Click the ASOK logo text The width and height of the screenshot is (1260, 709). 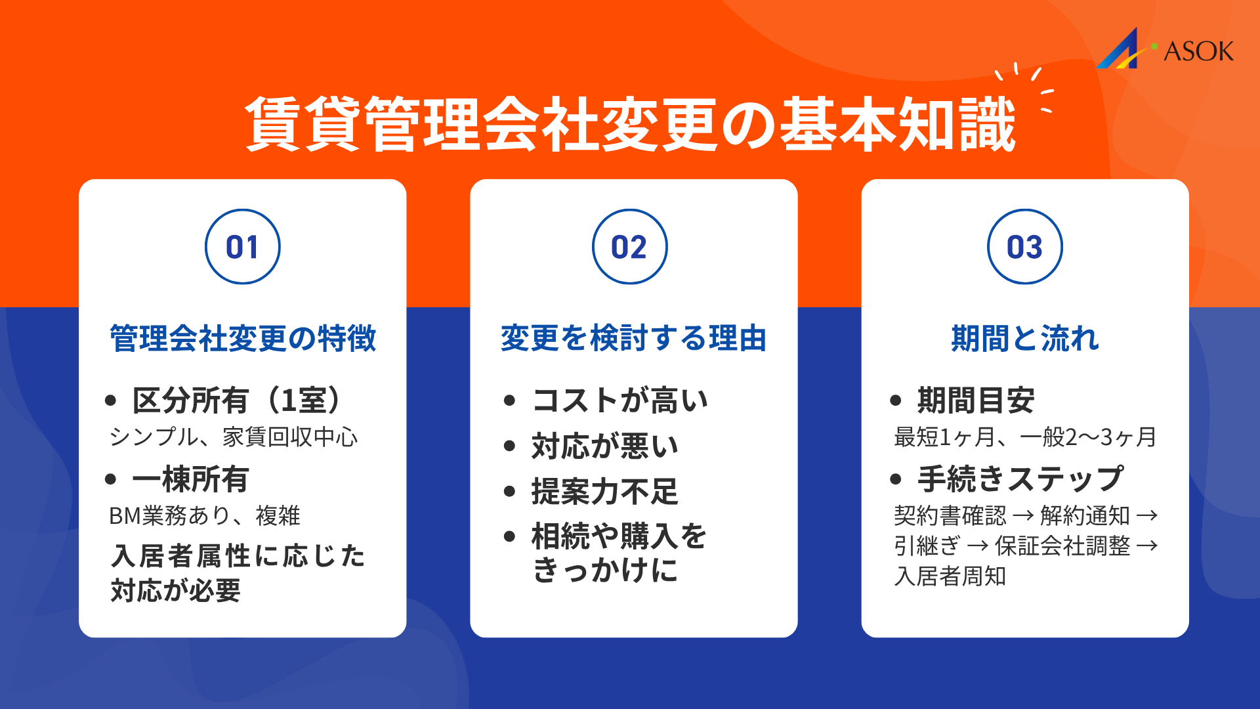click(x=1198, y=51)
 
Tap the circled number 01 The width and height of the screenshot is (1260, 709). click(x=243, y=247)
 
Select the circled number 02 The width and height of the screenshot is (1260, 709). click(x=629, y=247)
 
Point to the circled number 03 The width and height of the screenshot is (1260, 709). click(x=1024, y=247)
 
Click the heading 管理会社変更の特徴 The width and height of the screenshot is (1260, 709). click(x=243, y=339)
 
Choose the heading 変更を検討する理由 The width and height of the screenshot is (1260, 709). click(x=633, y=339)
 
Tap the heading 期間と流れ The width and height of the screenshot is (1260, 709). click(x=1024, y=339)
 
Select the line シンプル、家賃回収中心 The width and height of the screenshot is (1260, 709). click(x=234, y=437)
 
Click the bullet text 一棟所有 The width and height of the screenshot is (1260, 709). click(x=190, y=479)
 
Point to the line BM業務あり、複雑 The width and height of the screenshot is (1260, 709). click(x=204, y=516)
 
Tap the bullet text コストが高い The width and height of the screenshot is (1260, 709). click(x=620, y=400)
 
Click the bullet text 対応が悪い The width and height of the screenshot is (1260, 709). click(x=604, y=446)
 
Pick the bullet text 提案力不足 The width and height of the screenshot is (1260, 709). click(x=604, y=492)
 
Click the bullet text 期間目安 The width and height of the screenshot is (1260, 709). click(x=976, y=400)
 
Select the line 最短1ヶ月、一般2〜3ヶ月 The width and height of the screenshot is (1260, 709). click(x=1024, y=437)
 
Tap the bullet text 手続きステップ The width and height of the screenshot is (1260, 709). click(x=1020, y=479)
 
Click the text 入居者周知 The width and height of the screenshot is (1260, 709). click(x=950, y=576)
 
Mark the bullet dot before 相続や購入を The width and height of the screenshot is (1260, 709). click(x=510, y=536)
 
